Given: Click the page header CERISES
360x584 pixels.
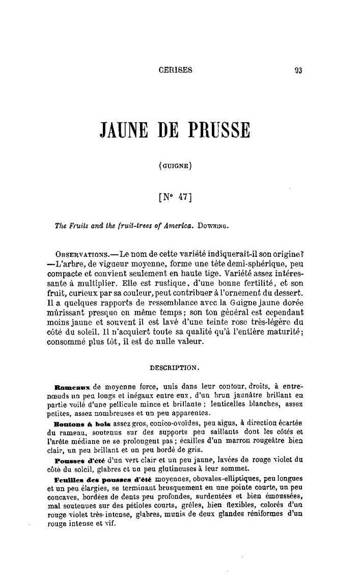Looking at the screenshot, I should click(x=175, y=71).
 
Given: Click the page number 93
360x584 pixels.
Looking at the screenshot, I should click(x=298, y=71).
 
